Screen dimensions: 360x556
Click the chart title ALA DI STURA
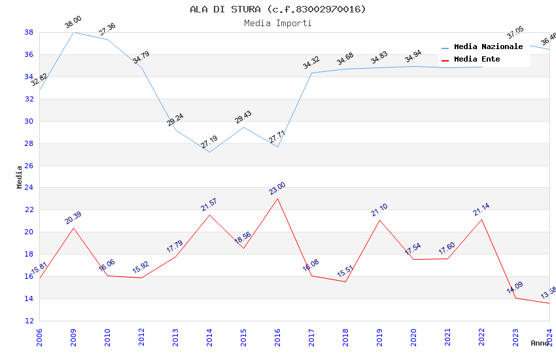tap(278, 9)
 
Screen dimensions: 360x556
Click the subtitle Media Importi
tap(278, 23)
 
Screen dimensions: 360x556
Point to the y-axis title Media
tap(20, 177)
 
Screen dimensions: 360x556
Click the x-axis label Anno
tap(540, 343)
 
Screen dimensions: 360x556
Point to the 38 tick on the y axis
tap(29, 32)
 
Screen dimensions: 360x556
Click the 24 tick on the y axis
tap(29, 188)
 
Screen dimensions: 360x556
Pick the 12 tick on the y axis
tap(29, 321)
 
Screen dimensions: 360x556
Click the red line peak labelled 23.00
tap(277, 198)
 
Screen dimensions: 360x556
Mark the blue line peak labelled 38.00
tap(73, 32)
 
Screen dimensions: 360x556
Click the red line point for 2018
tap(345, 281)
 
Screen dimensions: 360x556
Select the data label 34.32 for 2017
tap(311, 62)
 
